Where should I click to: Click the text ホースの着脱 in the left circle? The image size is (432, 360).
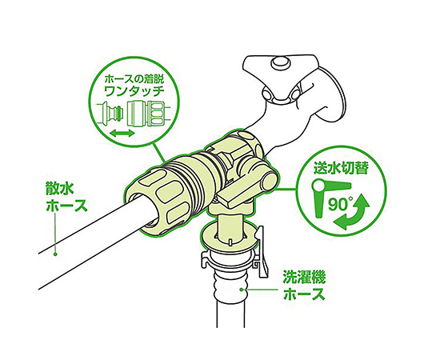click(134, 80)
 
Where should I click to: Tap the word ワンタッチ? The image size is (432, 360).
click(134, 91)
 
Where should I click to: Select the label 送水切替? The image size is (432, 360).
click(341, 168)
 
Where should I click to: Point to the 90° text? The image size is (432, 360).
click(339, 205)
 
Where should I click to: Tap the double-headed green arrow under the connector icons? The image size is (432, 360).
click(122, 134)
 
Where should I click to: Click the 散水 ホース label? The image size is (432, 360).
click(66, 198)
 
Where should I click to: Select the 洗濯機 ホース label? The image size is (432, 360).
click(304, 286)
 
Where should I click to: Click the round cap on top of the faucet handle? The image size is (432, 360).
click(281, 63)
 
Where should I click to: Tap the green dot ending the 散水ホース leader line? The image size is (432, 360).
click(55, 254)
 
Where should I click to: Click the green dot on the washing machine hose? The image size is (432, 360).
click(242, 290)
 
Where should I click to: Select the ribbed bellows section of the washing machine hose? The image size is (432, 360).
click(231, 284)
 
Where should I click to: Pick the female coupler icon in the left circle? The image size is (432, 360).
click(149, 114)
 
